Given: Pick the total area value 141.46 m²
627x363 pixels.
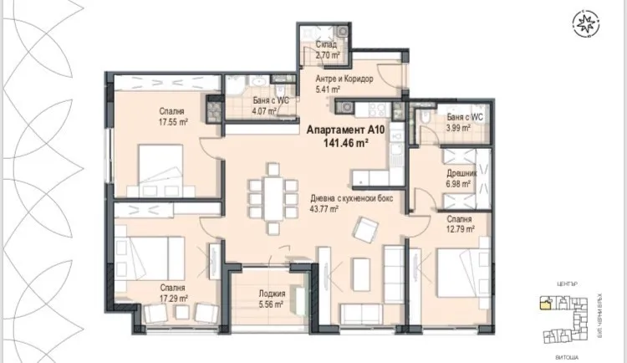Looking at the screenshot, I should click(339, 143).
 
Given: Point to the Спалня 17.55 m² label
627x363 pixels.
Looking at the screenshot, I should click(174, 115).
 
